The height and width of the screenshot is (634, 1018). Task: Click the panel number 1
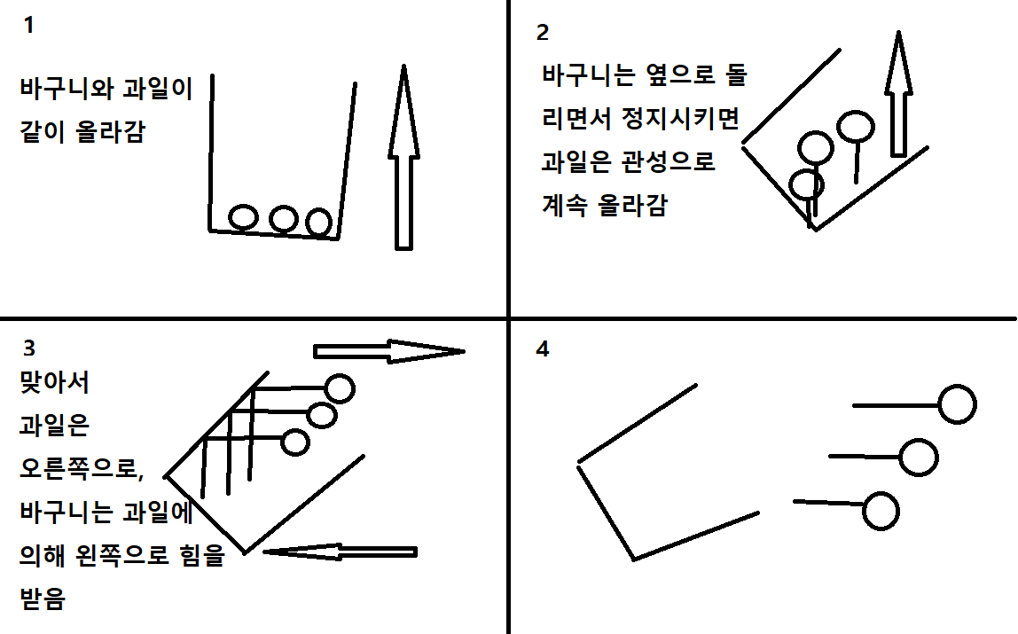coord(28,25)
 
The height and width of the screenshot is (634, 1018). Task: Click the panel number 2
coord(543,32)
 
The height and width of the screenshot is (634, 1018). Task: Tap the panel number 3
coord(29,348)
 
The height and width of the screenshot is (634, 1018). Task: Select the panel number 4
coord(543,349)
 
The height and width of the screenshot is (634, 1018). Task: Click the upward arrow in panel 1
coord(403,157)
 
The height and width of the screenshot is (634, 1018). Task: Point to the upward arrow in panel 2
coord(898,93)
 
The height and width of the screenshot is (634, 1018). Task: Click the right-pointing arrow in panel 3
coord(389,351)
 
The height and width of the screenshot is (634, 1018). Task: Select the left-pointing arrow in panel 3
coord(340,552)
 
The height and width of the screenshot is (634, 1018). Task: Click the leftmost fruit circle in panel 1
coord(244,217)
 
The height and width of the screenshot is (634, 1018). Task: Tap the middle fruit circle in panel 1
coord(284,219)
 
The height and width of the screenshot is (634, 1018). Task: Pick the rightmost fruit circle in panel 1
coord(318,223)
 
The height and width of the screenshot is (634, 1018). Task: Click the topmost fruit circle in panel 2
coord(855,127)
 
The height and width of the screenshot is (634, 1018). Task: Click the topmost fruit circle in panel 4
coord(958,404)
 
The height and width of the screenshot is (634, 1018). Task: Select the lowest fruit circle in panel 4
coord(881,511)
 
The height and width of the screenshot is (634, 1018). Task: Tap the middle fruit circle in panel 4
coord(919,458)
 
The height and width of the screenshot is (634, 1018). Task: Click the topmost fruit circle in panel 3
coord(340,388)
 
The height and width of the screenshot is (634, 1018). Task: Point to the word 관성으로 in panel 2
coord(669,161)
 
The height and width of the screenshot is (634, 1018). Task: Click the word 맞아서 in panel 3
coord(55,382)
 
